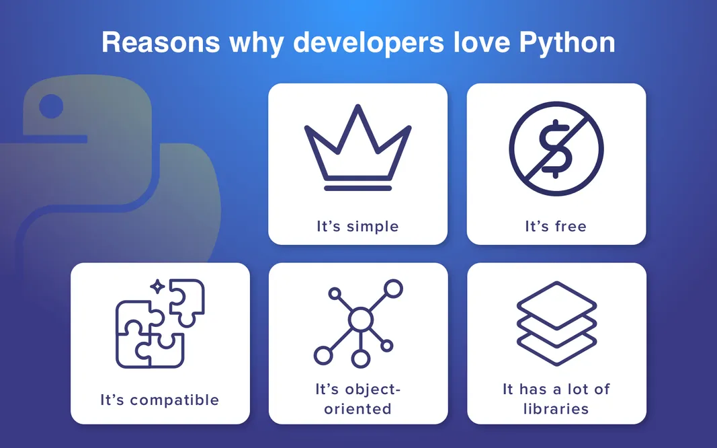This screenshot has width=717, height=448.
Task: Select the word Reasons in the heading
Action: (160, 42)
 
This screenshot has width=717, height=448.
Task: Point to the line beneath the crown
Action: (357, 188)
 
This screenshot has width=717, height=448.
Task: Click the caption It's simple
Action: (357, 226)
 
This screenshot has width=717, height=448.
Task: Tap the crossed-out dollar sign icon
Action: (556, 149)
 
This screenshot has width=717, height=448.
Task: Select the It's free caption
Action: (556, 226)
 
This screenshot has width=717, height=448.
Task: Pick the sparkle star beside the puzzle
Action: (157, 287)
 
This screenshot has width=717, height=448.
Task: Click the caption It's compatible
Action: (160, 400)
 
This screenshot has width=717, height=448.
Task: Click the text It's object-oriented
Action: (357, 398)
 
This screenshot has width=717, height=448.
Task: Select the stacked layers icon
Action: (556, 323)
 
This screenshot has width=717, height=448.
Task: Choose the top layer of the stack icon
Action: (556, 303)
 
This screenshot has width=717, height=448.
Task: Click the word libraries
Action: (556, 408)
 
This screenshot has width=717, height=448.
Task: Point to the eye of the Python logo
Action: (51, 106)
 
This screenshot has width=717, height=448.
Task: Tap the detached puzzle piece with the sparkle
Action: (187, 298)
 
